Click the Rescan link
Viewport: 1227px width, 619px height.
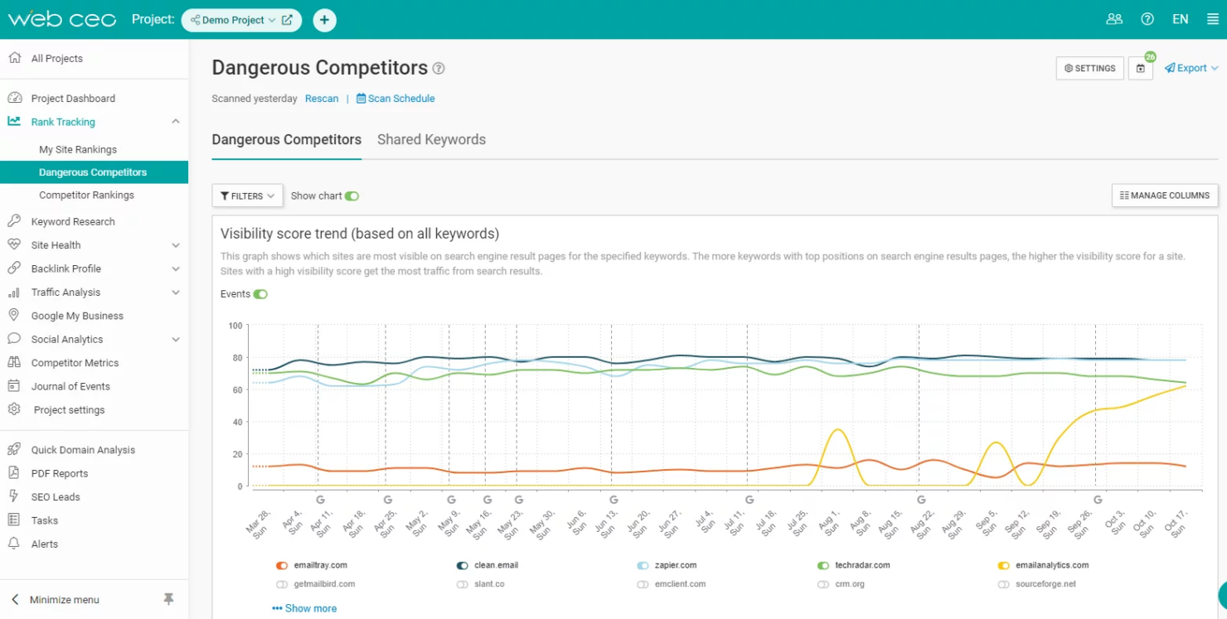point(322,99)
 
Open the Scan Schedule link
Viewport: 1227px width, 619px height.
point(395,99)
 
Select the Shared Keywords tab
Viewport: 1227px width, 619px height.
point(431,139)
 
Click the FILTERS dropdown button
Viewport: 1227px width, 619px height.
point(247,196)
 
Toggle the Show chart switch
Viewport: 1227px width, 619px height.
point(352,196)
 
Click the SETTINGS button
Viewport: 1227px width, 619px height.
point(1089,68)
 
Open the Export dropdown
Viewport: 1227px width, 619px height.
point(1191,68)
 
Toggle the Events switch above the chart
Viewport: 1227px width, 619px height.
point(260,294)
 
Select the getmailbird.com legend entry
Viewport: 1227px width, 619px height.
point(323,584)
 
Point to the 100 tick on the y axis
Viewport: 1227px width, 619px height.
point(235,326)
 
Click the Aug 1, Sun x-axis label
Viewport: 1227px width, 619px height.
point(827,520)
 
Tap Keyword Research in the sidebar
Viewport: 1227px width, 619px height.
point(73,221)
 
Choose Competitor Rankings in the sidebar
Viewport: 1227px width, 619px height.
point(86,195)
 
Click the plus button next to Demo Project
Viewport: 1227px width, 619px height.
point(324,20)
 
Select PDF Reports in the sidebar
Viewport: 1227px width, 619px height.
point(60,473)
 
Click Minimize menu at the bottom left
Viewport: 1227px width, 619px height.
point(64,599)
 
